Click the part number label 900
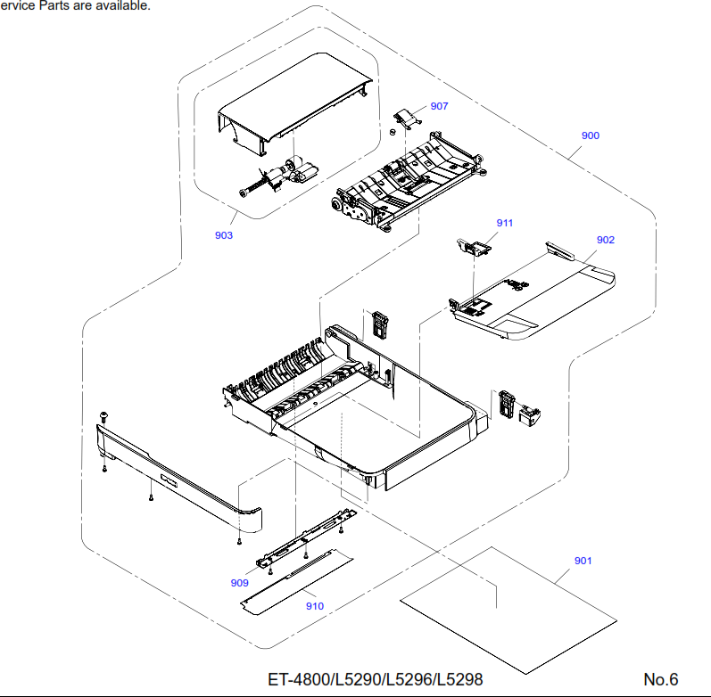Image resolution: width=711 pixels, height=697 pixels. coord(590,135)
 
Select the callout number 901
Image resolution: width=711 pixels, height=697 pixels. coord(583,561)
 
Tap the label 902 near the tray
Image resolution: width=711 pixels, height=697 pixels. coord(606,240)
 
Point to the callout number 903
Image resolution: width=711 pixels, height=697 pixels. coord(224,235)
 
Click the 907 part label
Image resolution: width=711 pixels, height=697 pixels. coord(439,105)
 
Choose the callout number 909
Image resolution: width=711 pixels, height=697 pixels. coord(239,583)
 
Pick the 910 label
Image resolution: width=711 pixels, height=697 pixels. coord(315,606)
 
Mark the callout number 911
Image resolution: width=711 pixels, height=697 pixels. coord(505,223)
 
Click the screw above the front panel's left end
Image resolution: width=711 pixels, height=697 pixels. coord(105,416)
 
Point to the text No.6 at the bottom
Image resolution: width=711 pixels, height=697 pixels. coord(661,679)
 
